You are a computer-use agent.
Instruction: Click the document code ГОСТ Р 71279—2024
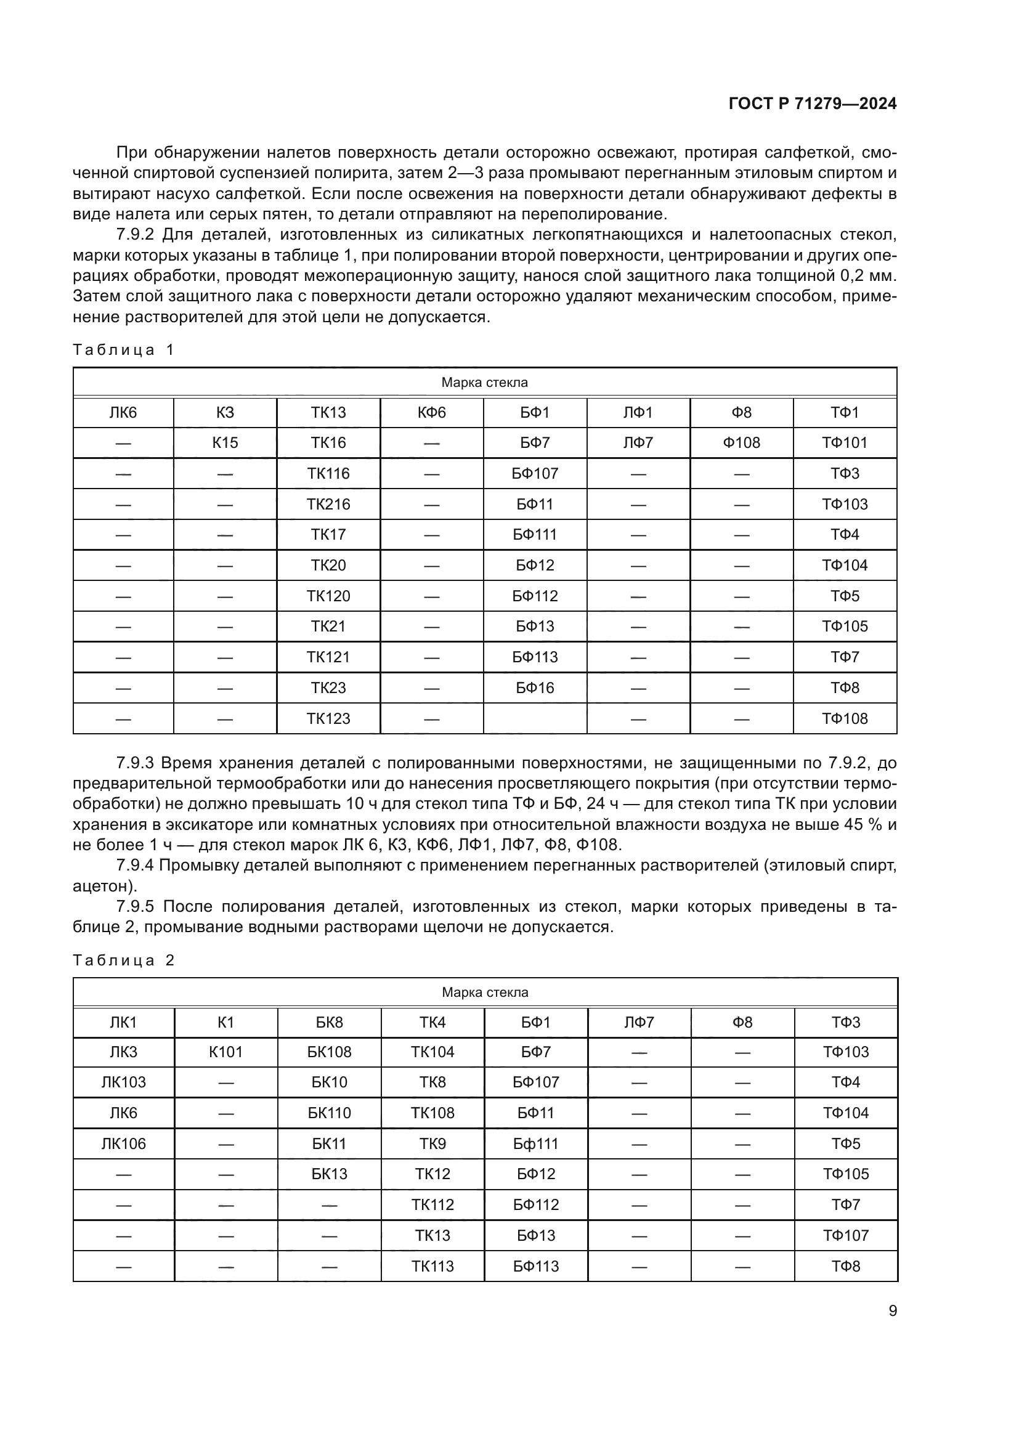(813, 104)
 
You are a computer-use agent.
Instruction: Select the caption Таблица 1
(123, 350)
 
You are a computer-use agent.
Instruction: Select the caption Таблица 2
(123, 960)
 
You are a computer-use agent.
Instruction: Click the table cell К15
(225, 443)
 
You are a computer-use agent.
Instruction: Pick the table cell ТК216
(328, 505)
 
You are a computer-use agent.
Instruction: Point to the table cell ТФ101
(845, 443)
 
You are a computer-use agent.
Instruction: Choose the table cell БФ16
(535, 689)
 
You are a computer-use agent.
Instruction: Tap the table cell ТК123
(328, 719)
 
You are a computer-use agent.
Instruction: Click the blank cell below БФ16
(535, 719)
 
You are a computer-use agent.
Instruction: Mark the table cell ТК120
(328, 596)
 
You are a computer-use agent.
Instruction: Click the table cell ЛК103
(124, 1082)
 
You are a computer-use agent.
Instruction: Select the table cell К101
(226, 1052)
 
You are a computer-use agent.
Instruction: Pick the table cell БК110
(330, 1113)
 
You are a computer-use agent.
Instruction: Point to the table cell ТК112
(433, 1205)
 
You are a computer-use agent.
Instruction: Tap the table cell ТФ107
(846, 1236)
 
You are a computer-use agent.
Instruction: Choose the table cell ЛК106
(124, 1144)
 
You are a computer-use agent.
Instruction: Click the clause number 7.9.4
(134, 866)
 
